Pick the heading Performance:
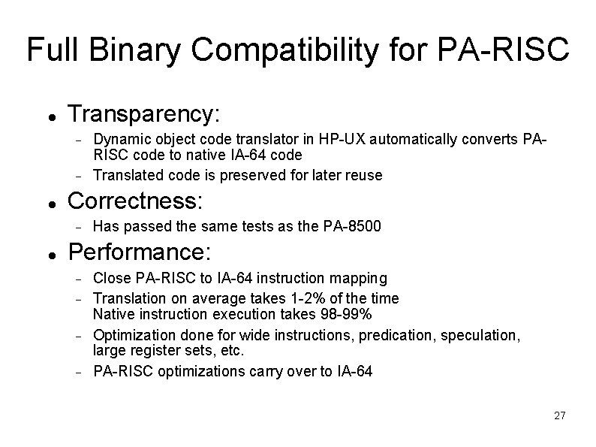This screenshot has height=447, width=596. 140,251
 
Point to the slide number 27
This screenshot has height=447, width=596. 559,415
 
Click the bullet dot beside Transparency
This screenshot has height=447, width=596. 50,118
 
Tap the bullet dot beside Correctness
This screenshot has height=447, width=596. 50,204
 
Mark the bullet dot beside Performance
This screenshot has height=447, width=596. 50,254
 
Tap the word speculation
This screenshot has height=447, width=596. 480,335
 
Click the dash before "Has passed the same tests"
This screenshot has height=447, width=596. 78,227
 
